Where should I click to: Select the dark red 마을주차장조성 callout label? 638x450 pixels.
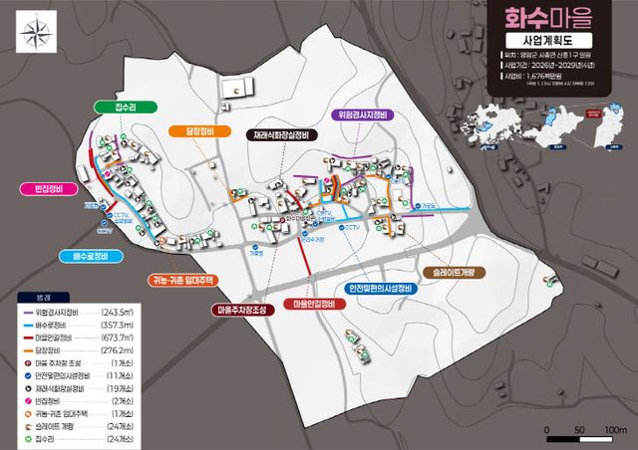[240, 310]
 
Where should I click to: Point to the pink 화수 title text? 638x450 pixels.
[518, 14]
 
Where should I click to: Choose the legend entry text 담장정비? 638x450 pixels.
[56, 349]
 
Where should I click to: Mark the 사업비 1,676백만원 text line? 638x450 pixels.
[538, 75]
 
